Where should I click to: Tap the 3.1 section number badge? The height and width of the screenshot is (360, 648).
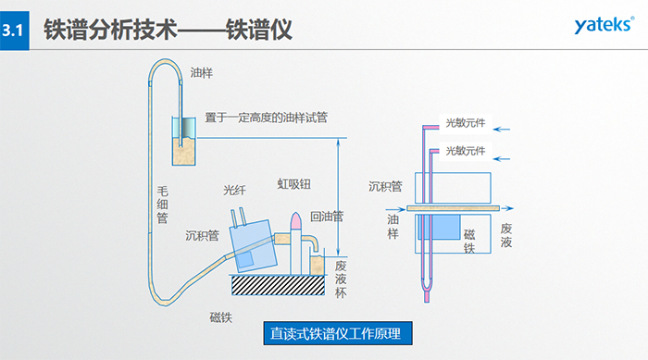(14, 31)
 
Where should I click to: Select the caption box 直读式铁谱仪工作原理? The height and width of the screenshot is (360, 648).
(337, 332)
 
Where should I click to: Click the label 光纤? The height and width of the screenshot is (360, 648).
(235, 190)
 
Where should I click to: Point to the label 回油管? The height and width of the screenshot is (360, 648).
(327, 217)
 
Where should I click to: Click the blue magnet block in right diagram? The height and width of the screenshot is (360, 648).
(455, 226)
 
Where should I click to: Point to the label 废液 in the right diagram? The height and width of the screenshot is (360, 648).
(506, 235)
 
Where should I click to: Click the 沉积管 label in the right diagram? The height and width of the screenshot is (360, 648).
(385, 186)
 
